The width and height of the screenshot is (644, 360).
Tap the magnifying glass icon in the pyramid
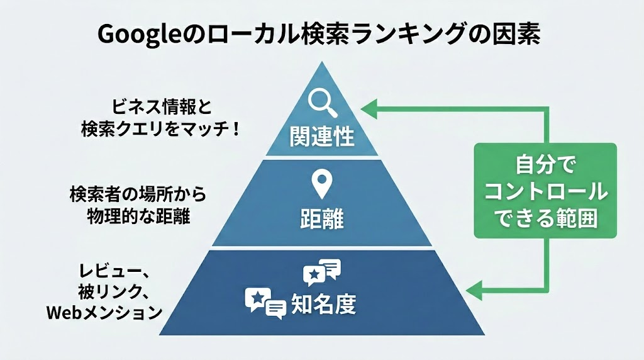[x=321, y=101]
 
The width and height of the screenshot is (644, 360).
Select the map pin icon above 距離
[x=322, y=184]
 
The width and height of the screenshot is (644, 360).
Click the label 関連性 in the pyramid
[x=322, y=136]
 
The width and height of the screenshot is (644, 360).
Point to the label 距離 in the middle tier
[x=321, y=221]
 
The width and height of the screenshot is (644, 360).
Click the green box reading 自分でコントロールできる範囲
[x=545, y=190]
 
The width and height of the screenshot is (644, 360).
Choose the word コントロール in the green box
[x=545, y=191]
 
